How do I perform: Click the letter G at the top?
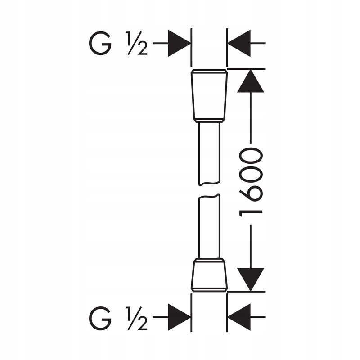[100, 43]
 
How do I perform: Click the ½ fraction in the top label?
[137, 43]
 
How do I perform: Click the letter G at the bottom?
[100, 318]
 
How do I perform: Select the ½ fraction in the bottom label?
[137, 318]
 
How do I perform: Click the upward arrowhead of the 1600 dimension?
[251, 81]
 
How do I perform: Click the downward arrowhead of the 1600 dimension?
[251, 279]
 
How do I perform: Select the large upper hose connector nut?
[209, 95]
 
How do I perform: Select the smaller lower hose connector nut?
[209, 275]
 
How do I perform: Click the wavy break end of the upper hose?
[209, 184]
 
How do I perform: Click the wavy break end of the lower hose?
[209, 196]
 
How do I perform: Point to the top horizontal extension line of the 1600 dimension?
[246, 69]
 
